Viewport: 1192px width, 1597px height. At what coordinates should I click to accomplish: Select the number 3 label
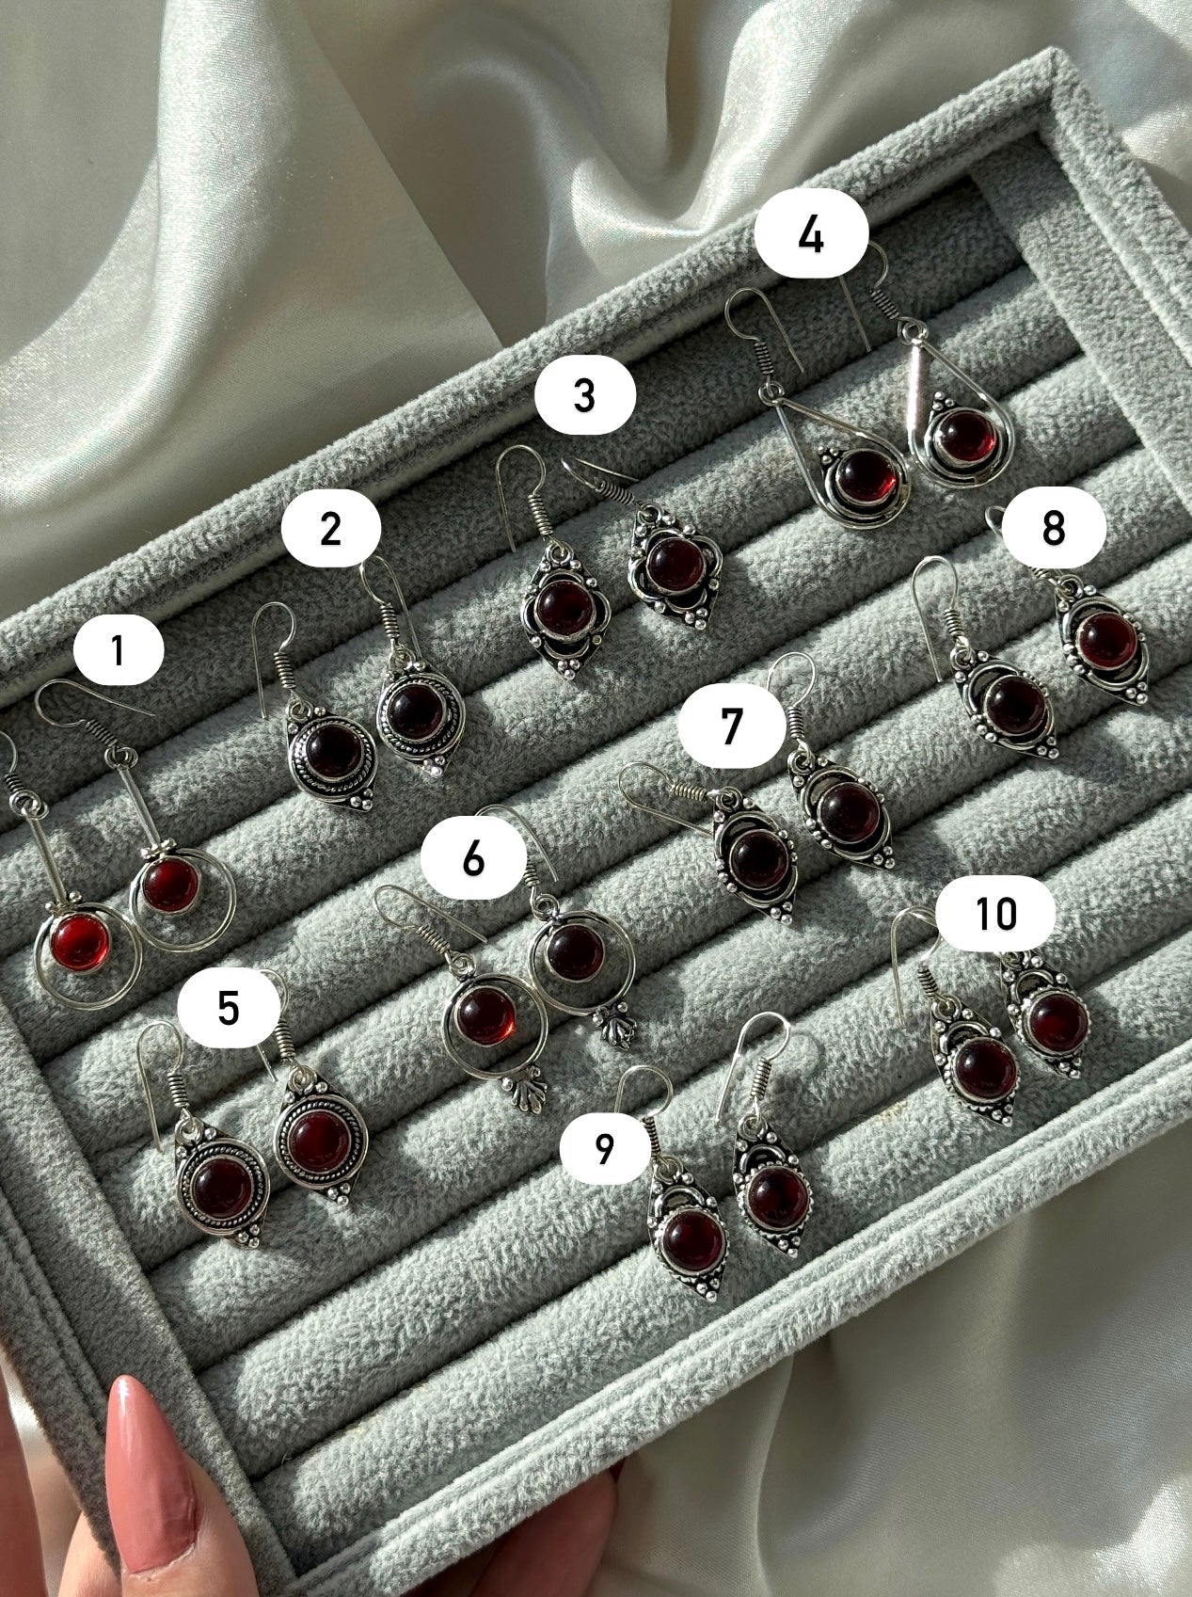point(585,395)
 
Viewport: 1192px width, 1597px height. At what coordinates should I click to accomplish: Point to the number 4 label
point(811,234)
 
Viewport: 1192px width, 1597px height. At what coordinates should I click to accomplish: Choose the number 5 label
point(229,1008)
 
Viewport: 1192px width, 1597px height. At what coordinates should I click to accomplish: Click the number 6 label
point(473,857)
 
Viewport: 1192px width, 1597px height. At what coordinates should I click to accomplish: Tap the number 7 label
point(731,726)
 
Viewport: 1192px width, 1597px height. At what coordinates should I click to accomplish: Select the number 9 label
point(604,1147)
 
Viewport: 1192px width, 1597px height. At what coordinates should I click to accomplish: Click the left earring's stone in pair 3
point(562,611)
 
